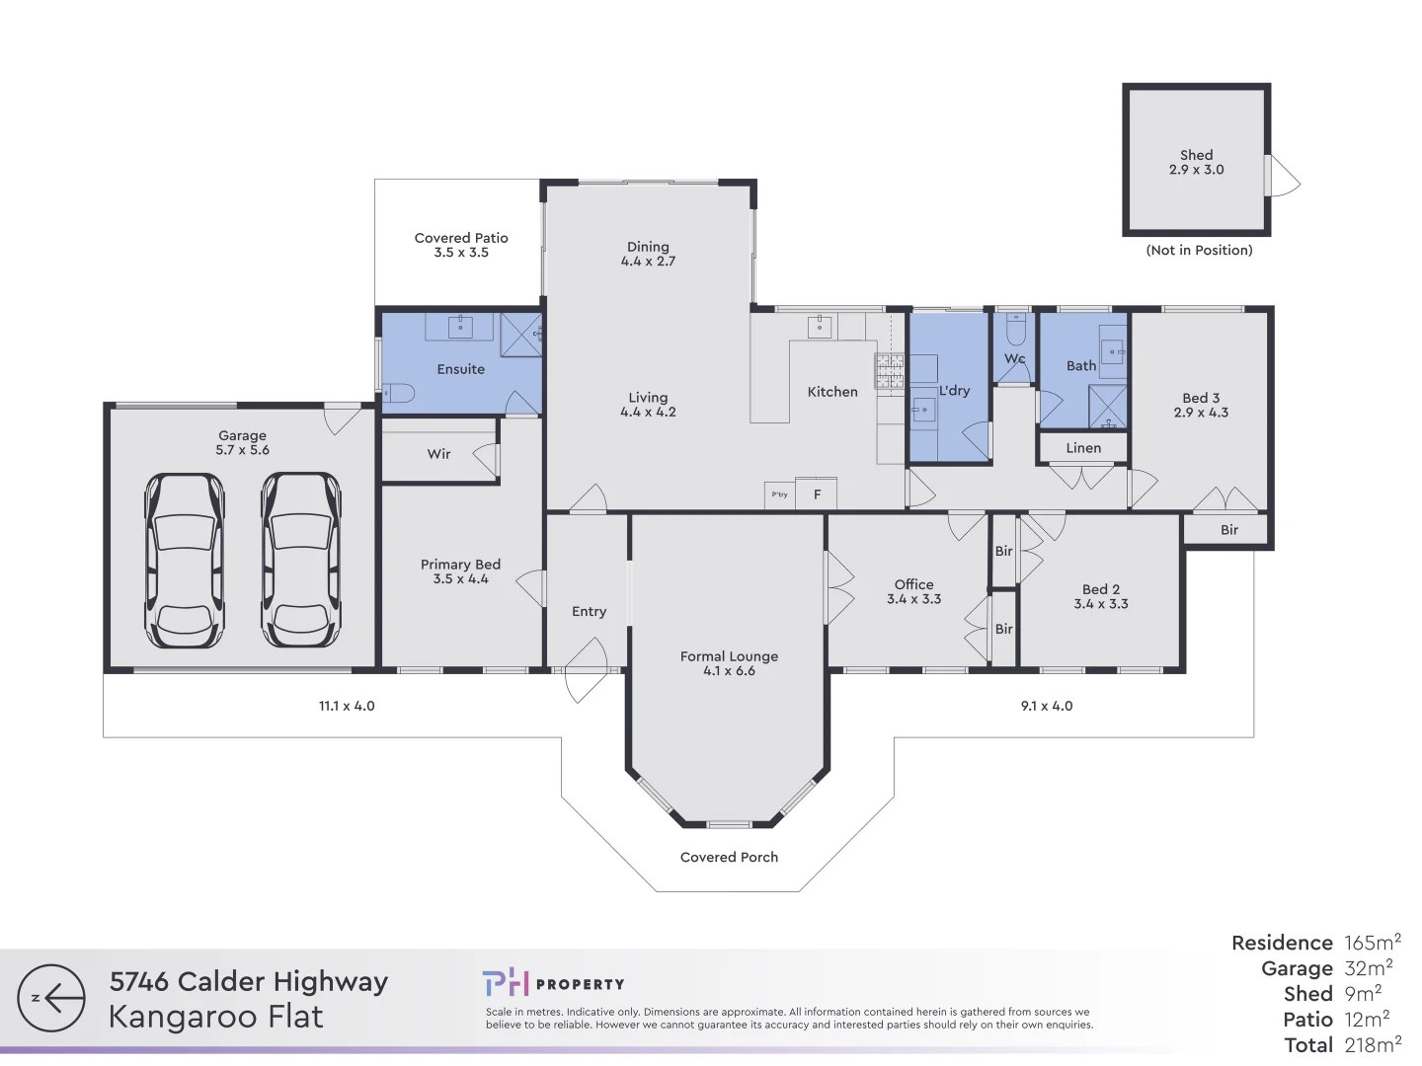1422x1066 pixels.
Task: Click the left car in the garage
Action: (x=185, y=560)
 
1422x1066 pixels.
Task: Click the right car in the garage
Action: (x=300, y=560)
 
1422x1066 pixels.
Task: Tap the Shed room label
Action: (x=1196, y=155)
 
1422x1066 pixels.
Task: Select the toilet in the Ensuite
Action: (x=397, y=393)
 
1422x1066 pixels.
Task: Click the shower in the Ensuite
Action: (x=520, y=334)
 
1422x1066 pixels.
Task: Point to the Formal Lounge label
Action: (x=729, y=656)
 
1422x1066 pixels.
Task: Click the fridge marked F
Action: (x=817, y=495)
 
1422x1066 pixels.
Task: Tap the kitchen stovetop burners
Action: (x=889, y=370)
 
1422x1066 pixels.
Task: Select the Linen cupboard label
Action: (x=1083, y=448)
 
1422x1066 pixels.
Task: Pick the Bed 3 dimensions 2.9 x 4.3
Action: (x=1201, y=413)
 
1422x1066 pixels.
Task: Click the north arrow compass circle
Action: (x=51, y=998)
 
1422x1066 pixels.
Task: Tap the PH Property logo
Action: (x=553, y=983)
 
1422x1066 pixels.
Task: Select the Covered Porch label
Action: (x=729, y=857)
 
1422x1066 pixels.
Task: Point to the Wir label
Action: (x=438, y=454)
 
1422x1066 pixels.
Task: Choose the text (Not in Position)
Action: (x=1199, y=251)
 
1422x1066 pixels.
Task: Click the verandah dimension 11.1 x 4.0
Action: (x=347, y=706)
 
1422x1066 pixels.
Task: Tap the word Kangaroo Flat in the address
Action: (x=215, y=1017)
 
